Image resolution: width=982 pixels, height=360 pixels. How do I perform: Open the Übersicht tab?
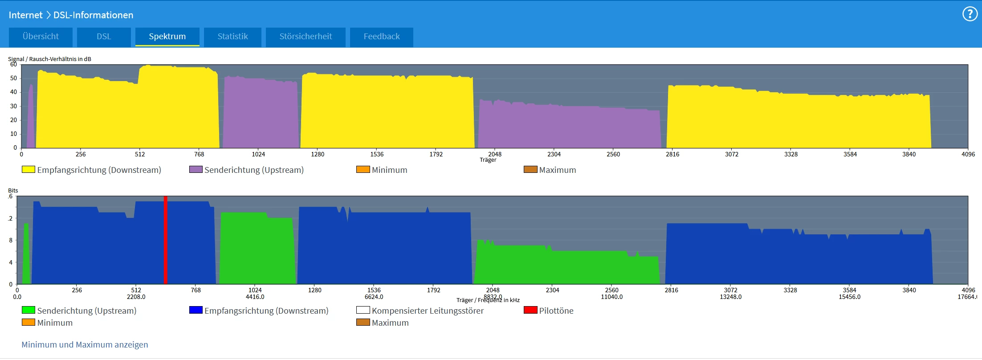coord(41,37)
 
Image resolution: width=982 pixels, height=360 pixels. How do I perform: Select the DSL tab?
coord(104,37)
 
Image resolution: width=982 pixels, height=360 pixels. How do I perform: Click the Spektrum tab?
coord(167,37)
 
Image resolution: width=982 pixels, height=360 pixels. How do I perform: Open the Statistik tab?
coord(232,37)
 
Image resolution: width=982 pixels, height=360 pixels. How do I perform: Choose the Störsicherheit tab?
coord(306,37)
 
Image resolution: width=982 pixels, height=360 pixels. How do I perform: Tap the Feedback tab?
coord(381,37)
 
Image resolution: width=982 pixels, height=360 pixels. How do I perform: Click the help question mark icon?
coord(970,14)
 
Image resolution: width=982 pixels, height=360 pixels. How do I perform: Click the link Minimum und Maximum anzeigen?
coord(85,344)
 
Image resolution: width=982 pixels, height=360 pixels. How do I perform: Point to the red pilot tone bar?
coord(166,241)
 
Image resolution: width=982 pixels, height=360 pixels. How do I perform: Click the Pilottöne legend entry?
coord(556,311)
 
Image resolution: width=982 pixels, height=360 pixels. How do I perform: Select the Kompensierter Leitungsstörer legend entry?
coord(428,311)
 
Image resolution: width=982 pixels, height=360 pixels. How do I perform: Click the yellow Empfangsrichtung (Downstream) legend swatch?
coord(29,169)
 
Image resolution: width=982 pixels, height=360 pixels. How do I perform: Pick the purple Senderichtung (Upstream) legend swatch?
coord(196,169)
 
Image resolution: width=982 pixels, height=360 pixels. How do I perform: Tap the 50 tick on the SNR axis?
coord(14,78)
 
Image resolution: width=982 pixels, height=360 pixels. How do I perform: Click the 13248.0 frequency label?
coord(730,297)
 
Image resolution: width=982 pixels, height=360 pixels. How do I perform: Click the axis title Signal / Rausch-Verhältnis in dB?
coord(49,59)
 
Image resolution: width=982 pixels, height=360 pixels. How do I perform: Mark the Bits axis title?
coord(13,190)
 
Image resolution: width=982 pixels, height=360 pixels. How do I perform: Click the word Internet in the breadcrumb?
coord(25,15)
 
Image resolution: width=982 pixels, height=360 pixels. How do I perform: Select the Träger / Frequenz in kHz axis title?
coord(488,300)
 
